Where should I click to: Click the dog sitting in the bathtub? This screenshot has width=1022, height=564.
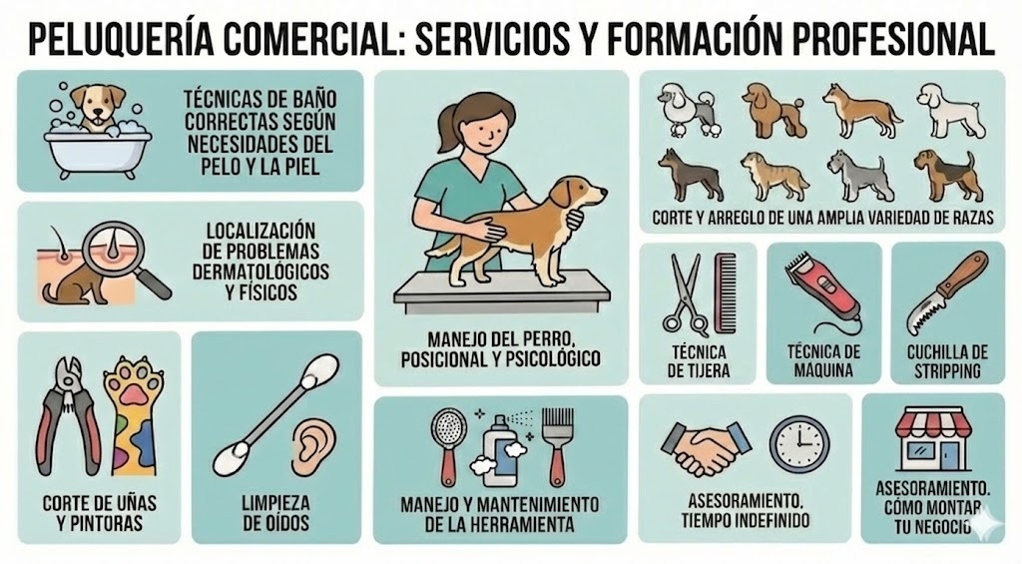coord(98,109)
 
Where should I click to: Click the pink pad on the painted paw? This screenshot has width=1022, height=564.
coord(133,392)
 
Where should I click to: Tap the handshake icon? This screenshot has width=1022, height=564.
coord(706,446)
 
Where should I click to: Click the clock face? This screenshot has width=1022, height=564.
coord(799,444)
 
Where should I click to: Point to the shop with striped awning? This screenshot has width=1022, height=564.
coord(933,439)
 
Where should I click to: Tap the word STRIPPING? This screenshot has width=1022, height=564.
coord(947,371)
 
